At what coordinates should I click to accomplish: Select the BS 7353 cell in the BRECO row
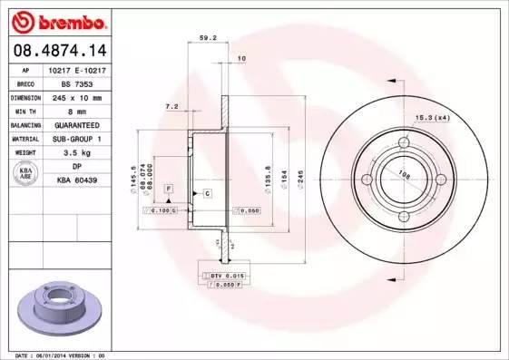coord(78,83)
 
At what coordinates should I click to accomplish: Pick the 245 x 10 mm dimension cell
coord(78,96)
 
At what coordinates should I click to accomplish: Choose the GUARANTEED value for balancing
coord(78,124)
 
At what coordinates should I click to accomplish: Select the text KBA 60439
coord(78,180)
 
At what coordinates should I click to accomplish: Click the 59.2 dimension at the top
coord(207,38)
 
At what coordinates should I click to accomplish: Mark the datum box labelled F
coord(169,187)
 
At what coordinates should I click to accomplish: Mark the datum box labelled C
coord(207,194)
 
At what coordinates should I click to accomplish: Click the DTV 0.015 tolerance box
coord(221,274)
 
